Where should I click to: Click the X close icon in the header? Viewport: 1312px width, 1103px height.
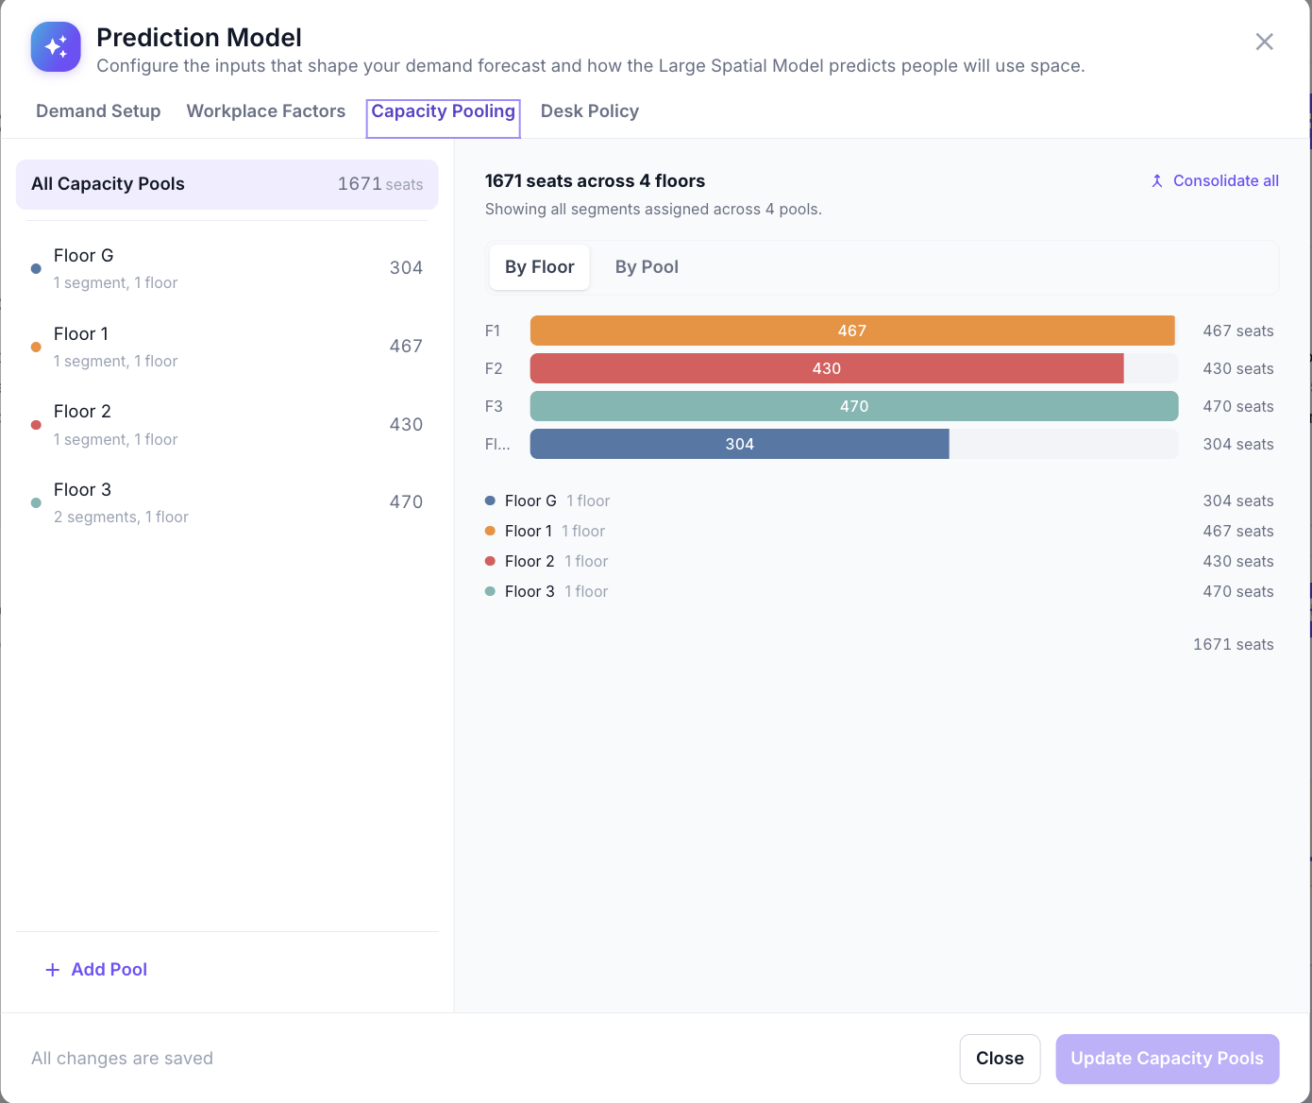tap(1264, 42)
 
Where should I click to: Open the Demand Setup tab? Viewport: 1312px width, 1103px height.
tap(98, 111)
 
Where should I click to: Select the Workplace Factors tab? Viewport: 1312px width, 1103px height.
tap(266, 111)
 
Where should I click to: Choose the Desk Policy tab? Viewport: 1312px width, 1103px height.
tap(589, 111)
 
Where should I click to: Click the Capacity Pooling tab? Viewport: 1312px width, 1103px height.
tap(443, 111)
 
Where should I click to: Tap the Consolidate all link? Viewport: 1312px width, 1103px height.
tap(1215, 181)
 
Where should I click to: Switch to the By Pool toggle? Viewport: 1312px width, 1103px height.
tap(647, 267)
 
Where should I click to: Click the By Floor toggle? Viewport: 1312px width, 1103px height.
tap(540, 267)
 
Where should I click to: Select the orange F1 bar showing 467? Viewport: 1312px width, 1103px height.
tap(852, 331)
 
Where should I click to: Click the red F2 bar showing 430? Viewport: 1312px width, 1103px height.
tap(826, 368)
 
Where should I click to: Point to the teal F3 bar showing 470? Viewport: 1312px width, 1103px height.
tap(854, 406)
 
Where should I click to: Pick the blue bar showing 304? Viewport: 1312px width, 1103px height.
tap(739, 444)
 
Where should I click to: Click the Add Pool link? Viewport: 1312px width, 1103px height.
tap(96, 970)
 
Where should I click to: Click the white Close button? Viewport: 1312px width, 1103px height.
tap(1000, 1059)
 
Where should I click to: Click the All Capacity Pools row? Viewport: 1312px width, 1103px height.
tap(227, 184)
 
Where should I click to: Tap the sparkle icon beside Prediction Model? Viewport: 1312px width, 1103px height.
tap(56, 47)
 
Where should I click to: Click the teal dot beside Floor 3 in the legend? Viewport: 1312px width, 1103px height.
tap(490, 591)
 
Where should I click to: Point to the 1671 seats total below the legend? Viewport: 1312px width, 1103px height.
tap(1233, 645)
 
